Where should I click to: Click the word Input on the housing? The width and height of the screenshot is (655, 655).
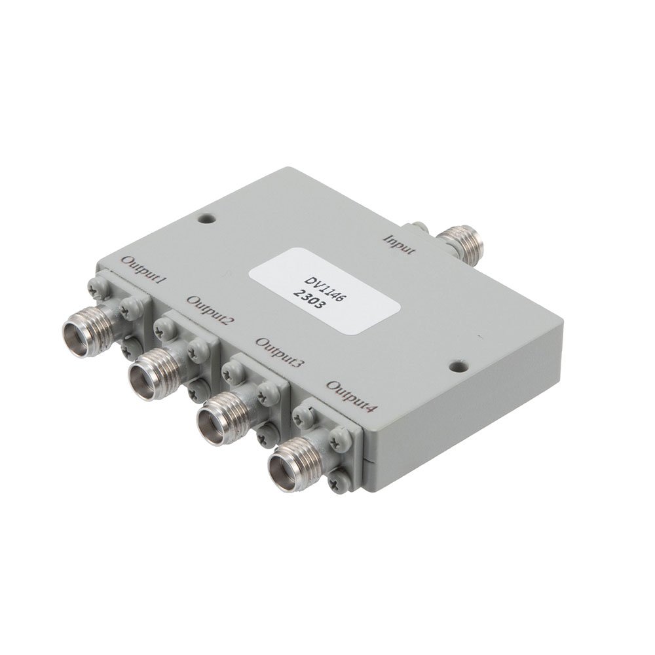[400, 244]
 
